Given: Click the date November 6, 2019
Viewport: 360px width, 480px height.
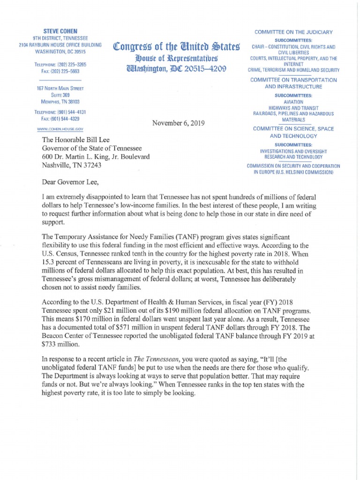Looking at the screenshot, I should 179,123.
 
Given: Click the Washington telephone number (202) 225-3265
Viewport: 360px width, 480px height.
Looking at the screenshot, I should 71,64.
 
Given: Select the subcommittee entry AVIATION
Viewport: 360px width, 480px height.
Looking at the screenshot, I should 293,102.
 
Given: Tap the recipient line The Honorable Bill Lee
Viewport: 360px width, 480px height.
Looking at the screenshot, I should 78,139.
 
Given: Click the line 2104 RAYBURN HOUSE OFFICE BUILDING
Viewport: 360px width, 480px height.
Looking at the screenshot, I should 57,45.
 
